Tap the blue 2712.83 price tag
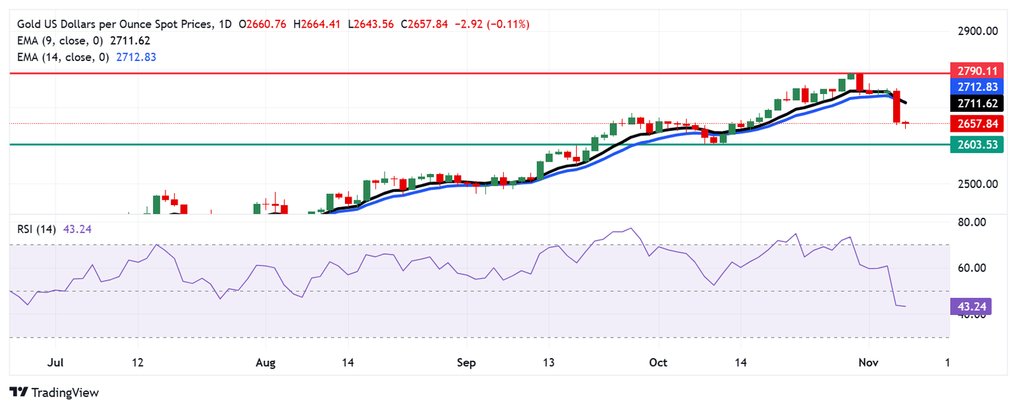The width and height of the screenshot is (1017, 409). (x=977, y=87)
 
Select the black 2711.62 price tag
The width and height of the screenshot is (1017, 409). (x=977, y=104)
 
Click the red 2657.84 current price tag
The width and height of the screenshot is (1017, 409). (x=977, y=123)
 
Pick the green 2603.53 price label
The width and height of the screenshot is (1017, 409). (x=977, y=144)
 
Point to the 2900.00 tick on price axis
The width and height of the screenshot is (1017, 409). (x=977, y=31)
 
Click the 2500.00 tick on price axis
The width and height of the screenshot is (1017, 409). (x=977, y=183)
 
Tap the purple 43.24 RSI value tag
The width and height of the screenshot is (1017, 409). (x=971, y=306)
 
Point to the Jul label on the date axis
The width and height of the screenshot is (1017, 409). (x=55, y=363)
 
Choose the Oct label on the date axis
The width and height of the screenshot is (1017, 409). (x=658, y=363)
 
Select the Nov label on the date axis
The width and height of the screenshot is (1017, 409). (x=867, y=363)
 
